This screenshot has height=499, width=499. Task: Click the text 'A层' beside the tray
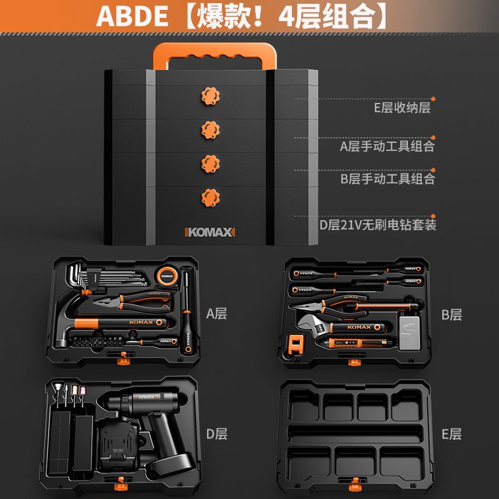pyautogui.click(x=216, y=313)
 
